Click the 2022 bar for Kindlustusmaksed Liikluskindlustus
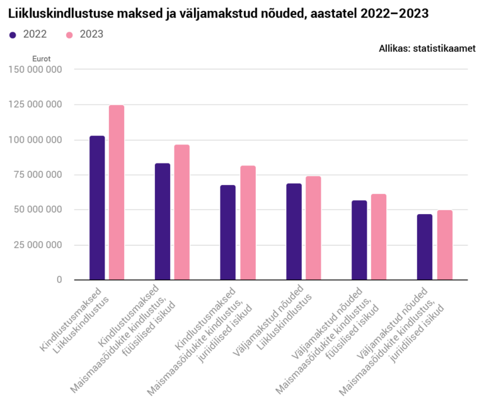(97, 208)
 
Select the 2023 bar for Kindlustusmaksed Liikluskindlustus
(117, 193)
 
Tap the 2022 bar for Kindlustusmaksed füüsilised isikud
(163, 222)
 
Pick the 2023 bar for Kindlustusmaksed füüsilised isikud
(182, 212)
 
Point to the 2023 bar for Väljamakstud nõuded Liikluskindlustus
(313, 228)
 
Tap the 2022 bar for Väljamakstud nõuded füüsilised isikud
(359, 240)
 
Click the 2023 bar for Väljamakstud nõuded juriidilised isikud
(444, 245)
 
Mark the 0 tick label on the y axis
(59, 280)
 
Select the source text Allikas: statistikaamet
(427, 48)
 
